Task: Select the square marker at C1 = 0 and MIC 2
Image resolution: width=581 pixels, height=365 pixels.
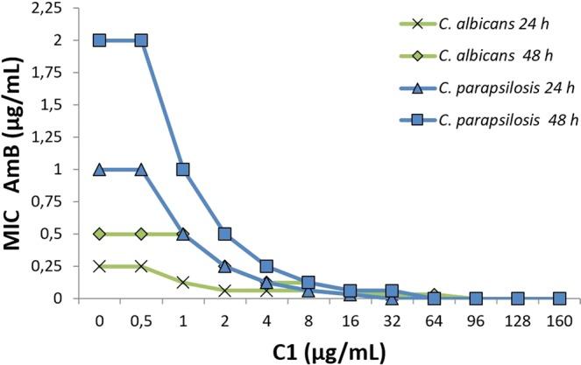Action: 100,40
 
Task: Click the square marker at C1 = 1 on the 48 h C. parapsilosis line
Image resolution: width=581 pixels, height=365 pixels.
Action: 183,169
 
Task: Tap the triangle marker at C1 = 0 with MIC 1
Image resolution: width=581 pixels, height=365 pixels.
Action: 100,169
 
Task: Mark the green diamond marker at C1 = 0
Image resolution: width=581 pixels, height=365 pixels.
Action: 100,234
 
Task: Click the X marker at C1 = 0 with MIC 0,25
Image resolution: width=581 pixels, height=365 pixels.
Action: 100,266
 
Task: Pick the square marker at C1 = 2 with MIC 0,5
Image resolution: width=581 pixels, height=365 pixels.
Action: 225,234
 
